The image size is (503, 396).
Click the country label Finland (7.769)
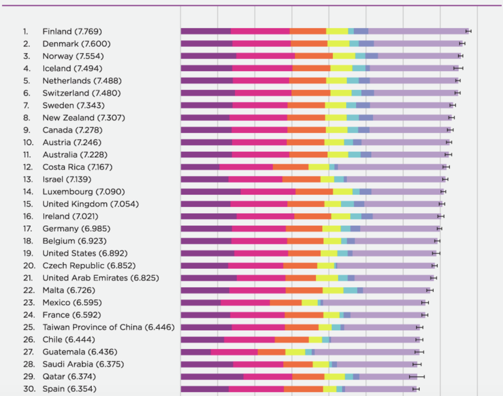coord(72,31)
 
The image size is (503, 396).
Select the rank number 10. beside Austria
coord(28,142)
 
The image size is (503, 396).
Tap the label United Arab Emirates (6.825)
coord(101,278)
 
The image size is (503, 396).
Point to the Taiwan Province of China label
coord(108,327)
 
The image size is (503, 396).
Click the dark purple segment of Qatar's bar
coord(212,377)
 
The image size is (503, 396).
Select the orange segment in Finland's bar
coord(308,31)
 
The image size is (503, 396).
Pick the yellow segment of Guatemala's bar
coord(295,352)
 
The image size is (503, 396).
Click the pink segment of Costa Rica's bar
coord(246,167)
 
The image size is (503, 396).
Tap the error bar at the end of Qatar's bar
coord(417,377)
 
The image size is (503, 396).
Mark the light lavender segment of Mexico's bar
coord(373,303)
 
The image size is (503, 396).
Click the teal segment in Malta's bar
coord(350,290)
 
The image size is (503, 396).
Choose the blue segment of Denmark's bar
coord(366,44)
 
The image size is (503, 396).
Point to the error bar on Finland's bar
coord(468,31)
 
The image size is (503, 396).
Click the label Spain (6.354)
coord(69,389)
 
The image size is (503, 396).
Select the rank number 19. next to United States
coord(28,253)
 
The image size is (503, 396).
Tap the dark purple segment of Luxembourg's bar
coord(211,192)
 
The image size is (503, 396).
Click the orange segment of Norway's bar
coord(314,56)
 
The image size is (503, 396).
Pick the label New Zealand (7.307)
coord(84,118)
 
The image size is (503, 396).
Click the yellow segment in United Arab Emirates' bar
coord(327,278)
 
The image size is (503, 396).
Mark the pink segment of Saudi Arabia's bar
coord(258,364)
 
